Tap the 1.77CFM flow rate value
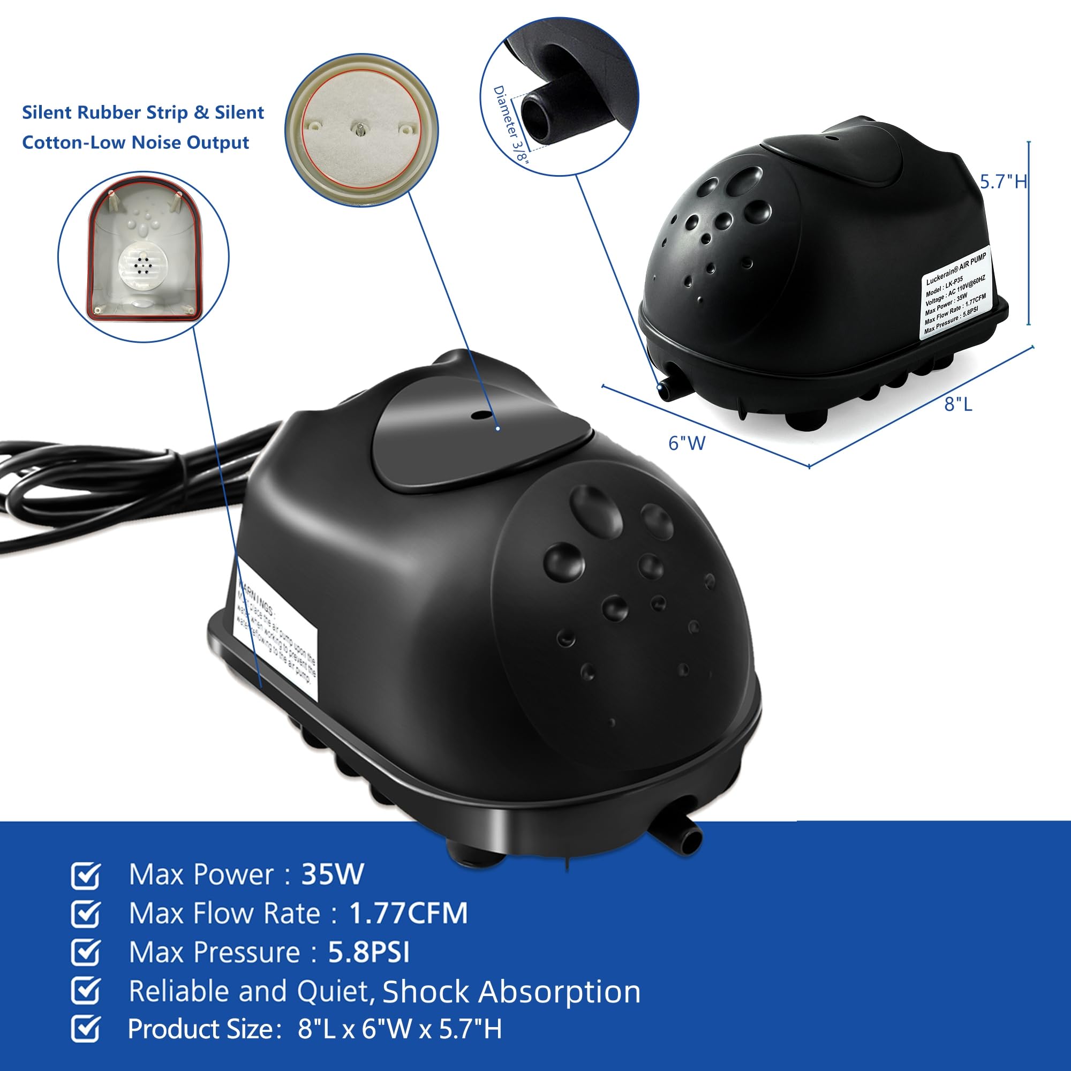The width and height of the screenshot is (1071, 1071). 408,913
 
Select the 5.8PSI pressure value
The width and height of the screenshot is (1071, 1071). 368,952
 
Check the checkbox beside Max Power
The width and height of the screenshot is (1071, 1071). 86,876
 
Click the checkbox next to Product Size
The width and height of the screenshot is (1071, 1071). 86,1029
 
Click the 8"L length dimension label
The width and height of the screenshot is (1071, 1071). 958,404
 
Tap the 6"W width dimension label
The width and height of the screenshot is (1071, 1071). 687,443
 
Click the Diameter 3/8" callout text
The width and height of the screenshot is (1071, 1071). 511,125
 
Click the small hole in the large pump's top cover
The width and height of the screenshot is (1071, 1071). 476,414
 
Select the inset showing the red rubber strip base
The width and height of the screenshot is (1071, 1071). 144,257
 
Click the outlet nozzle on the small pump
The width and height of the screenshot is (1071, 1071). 664,390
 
